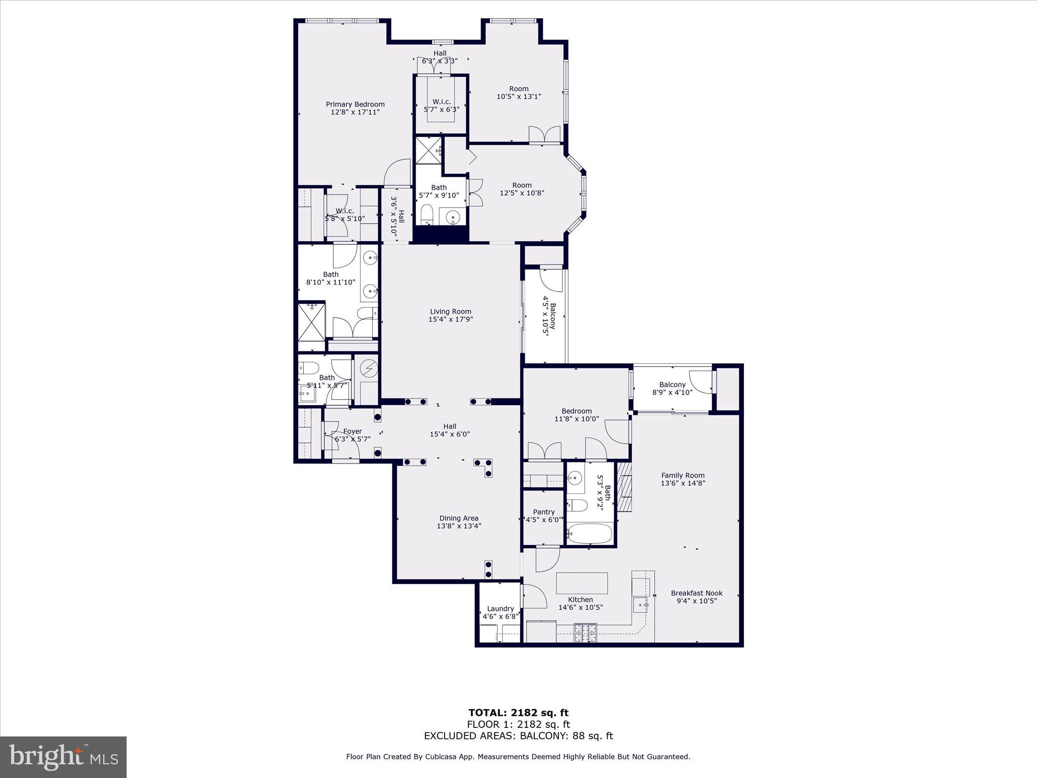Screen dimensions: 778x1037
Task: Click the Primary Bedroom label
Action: click(x=355, y=104)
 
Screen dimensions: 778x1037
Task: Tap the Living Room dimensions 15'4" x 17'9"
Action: click(x=451, y=320)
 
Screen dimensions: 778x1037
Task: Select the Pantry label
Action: click(x=543, y=512)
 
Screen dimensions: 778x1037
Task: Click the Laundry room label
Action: click(x=500, y=609)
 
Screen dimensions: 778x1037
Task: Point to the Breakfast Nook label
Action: click(x=696, y=593)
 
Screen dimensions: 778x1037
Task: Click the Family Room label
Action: click(x=683, y=476)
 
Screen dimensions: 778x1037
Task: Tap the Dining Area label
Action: click(x=458, y=518)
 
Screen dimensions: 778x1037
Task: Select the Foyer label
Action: click(x=352, y=432)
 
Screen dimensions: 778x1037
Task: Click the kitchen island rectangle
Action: click(x=582, y=583)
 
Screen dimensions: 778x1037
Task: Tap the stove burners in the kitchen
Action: click(x=585, y=633)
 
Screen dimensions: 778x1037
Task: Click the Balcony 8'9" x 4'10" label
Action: click(x=672, y=385)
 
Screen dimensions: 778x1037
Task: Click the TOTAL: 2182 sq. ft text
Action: click(x=518, y=713)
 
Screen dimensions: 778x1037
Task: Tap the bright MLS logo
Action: click(x=63, y=757)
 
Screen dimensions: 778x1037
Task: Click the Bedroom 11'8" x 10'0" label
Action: click(x=576, y=411)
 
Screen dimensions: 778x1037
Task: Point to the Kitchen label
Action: click(x=580, y=600)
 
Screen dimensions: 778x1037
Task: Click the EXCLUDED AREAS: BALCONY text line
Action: click(x=518, y=736)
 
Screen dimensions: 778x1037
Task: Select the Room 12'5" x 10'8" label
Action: click(x=522, y=185)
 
